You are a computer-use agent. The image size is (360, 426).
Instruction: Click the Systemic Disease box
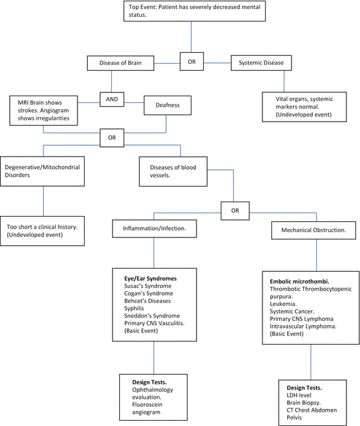click(261, 62)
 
